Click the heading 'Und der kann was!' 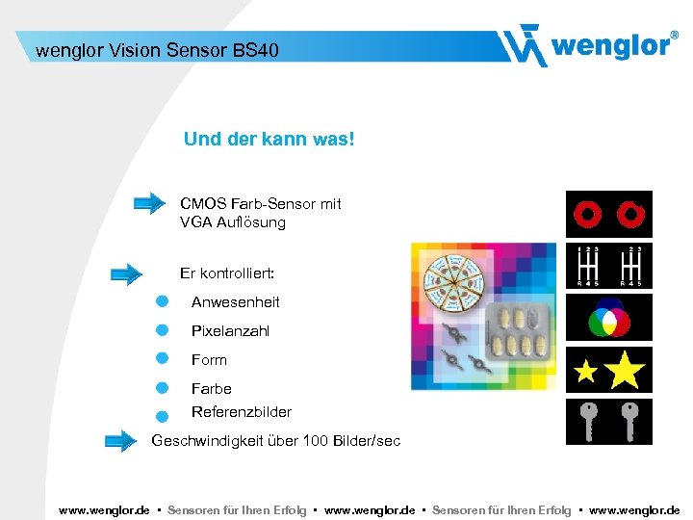tap(269, 140)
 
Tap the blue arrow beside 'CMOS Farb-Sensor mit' tap(149, 203)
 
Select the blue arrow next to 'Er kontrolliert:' tap(126, 273)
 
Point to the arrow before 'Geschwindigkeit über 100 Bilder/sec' tap(120, 441)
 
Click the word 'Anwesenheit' tap(235, 302)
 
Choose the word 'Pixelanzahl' tap(230, 331)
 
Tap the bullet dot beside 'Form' tap(163, 359)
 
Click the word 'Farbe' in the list tap(211, 389)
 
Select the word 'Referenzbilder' tap(241, 412)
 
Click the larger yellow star tap(625, 369)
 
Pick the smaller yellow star tap(586, 372)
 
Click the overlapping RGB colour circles tap(608, 317)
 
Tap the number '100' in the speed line tap(312, 441)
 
